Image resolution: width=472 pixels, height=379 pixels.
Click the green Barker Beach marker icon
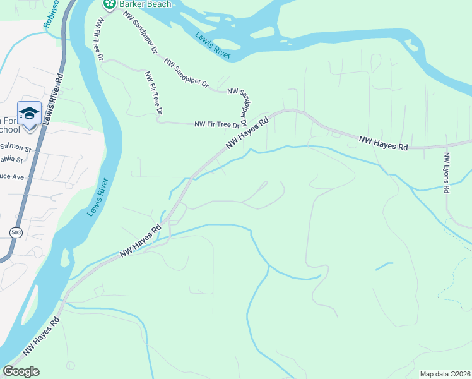click(110, 4)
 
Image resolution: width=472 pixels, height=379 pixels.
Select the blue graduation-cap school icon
click(29, 114)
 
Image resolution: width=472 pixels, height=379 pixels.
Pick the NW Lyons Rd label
click(447, 172)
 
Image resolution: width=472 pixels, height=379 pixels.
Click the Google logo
click(21, 371)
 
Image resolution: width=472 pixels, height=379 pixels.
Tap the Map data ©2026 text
click(444, 374)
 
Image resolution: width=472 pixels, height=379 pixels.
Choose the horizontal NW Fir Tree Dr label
click(215, 124)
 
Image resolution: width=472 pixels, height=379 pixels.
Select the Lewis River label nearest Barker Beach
click(213, 46)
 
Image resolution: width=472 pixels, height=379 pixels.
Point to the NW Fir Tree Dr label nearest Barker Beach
click(99, 38)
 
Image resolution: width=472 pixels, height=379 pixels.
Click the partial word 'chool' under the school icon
click(9, 129)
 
